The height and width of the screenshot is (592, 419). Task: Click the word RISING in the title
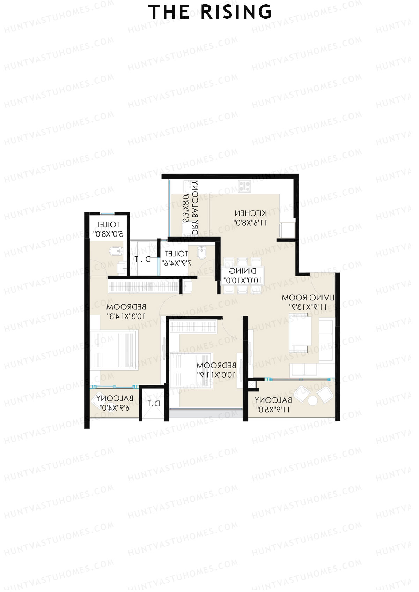[236, 12]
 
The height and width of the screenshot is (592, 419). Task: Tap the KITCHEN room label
[250, 213]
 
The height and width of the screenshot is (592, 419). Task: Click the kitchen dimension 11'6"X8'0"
[250, 222]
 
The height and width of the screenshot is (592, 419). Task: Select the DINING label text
[243, 271]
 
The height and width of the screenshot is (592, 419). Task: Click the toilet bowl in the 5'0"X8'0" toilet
[115, 250]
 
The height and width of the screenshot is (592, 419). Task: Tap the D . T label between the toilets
[143, 259]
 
